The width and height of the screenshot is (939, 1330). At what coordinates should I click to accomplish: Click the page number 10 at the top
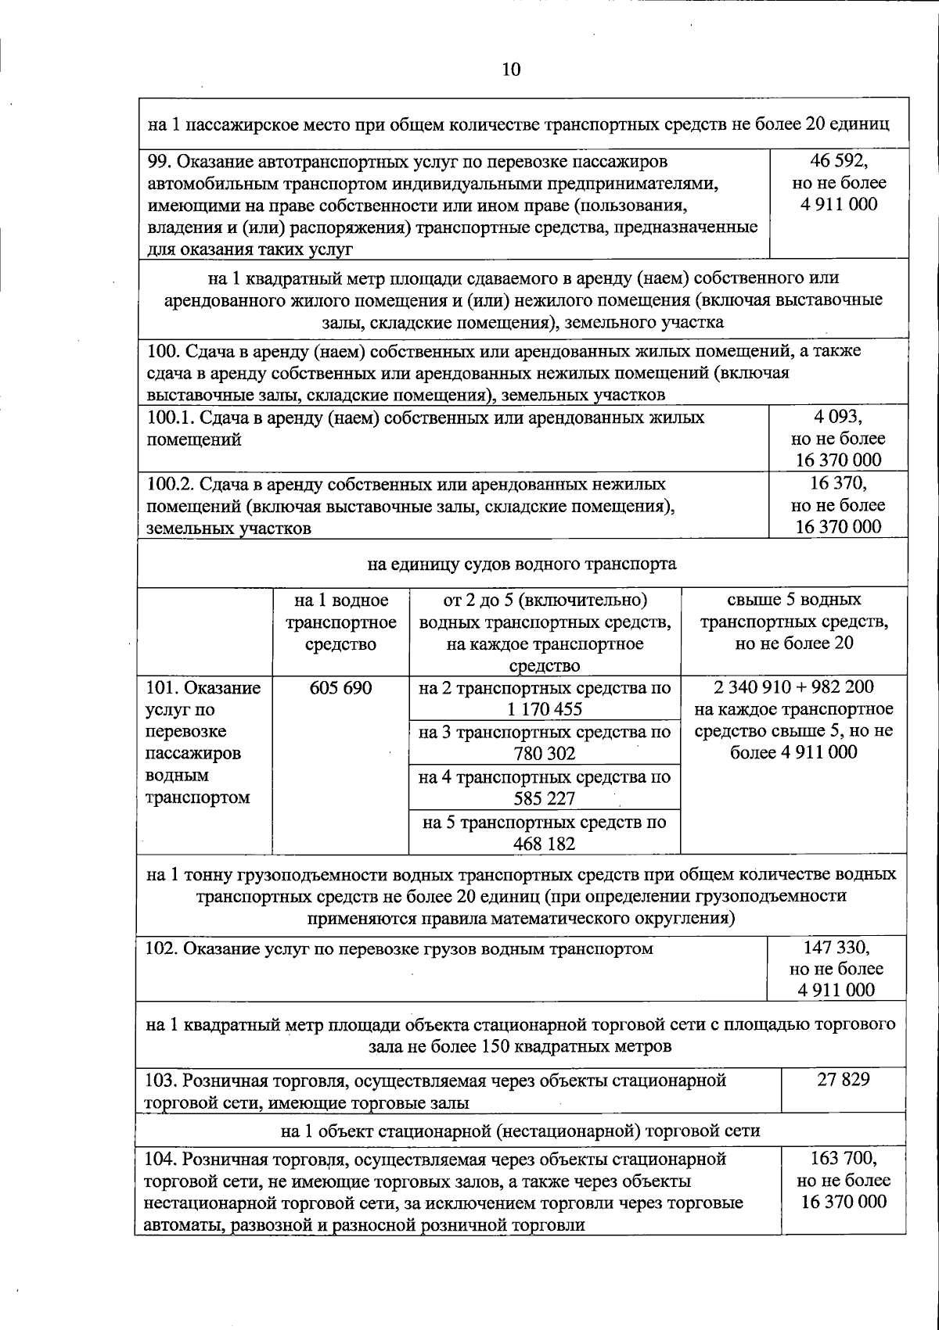click(x=510, y=70)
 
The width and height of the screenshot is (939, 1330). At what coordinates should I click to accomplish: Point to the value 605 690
click(x=340, y=688)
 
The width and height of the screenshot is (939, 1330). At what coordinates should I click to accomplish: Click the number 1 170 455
click(x=545, y=710)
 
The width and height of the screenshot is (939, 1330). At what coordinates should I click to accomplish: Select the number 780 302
click(x=545, y=755)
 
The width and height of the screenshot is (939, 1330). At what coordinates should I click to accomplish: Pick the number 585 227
click(x=545, y=799)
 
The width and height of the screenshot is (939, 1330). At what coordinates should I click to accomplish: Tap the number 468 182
click(x=545, y=844)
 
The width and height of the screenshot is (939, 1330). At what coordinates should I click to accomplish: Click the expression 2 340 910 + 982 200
click(x=793, y=687)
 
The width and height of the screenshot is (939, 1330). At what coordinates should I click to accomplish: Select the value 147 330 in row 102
click(x=836, y=947)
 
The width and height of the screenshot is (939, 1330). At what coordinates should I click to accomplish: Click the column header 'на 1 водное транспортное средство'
click(x=340, y=622)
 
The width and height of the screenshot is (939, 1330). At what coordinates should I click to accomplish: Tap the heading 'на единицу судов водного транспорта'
click(x=522, y=564)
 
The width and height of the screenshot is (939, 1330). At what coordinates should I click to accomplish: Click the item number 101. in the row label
click(x=162, y=688)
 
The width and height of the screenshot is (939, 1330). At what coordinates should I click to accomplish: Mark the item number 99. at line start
click(x=159, y=162)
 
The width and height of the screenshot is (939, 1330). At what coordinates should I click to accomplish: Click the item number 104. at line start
click(x=163, y=1158)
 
